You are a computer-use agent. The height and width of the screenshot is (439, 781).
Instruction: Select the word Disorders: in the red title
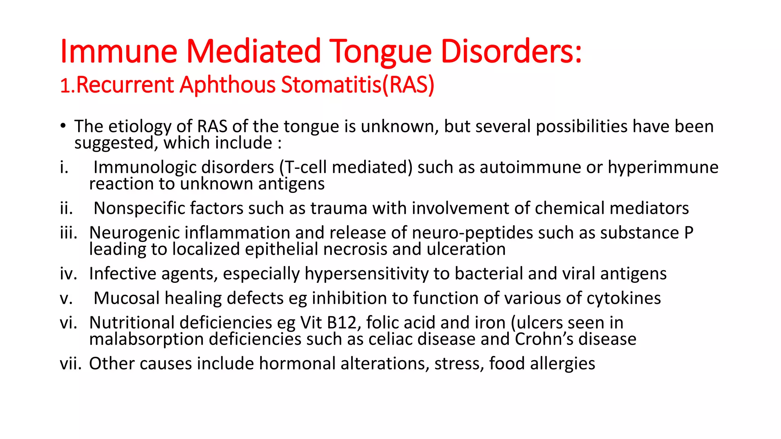(x=511, y=51)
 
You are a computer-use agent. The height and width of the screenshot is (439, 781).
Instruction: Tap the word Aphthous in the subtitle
(x=228, y=85)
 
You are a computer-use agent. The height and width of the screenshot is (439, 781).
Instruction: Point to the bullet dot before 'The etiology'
(x=63, y=126)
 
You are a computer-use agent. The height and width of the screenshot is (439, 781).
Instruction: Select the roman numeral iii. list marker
(x=69, y=232)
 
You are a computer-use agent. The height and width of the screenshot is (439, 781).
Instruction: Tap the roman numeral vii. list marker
(x=71, y=364)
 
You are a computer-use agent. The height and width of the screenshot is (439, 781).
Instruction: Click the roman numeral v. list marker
(x=66, y=298)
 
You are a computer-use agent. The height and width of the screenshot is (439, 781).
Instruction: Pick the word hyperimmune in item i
(x=663, y=168)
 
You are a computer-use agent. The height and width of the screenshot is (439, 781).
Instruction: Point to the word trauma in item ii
(x=339, y=208)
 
